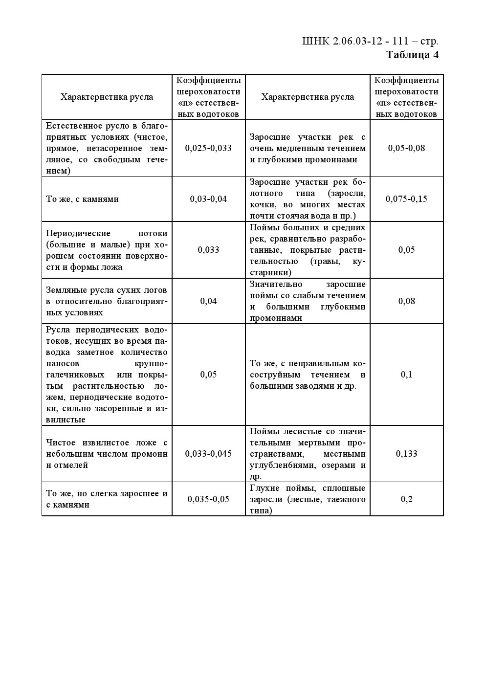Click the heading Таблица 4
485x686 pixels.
point(412,55)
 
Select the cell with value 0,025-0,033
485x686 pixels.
point(208,148)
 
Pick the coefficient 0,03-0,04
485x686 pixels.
point(208,199)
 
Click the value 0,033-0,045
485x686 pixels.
point(208,454)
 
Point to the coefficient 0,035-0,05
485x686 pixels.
point(208,499)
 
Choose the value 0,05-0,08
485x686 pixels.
point(406,148)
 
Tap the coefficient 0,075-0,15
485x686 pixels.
point(406,199)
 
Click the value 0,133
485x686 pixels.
point(406,454)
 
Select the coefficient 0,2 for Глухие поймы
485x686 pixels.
point(406,499)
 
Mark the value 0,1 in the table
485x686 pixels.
point(406,375)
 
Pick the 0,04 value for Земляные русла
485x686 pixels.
point(208,301)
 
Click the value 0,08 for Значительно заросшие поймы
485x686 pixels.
point(406,301)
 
